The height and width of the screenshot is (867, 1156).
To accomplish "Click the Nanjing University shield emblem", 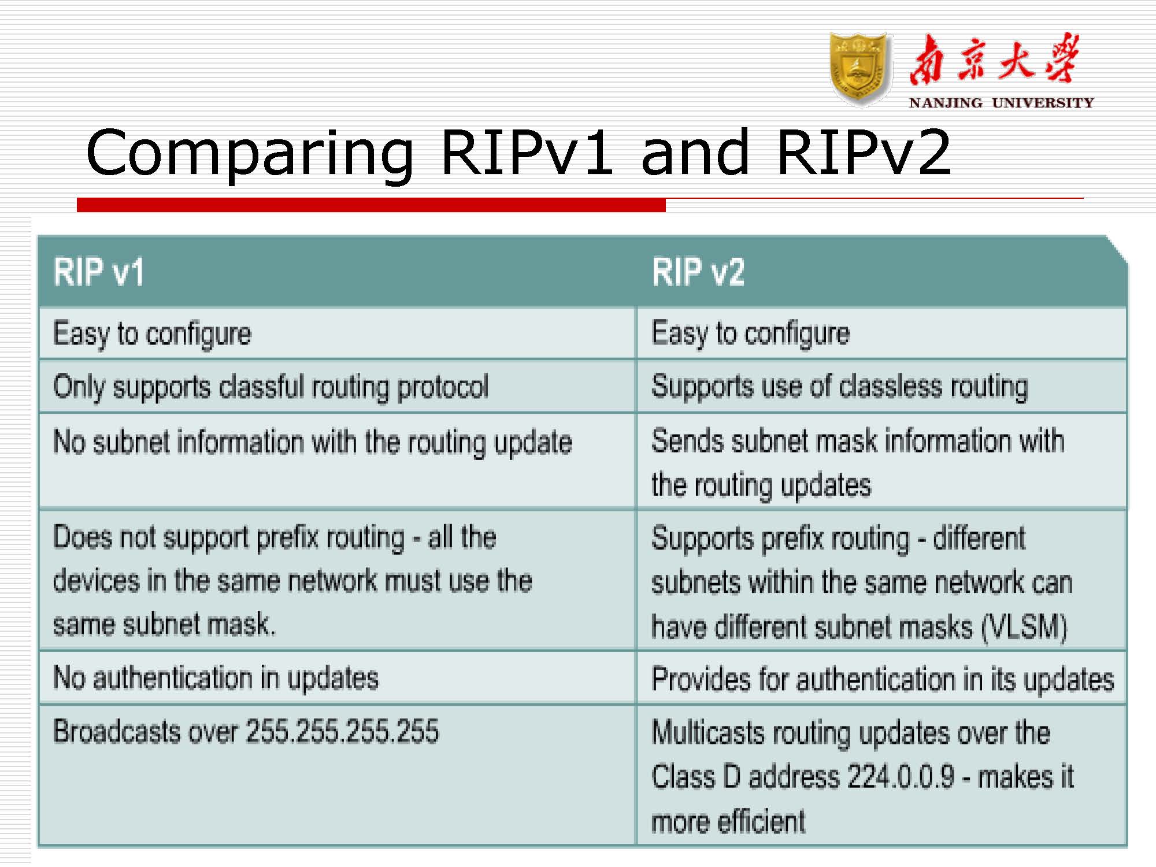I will click(x=859, y=69).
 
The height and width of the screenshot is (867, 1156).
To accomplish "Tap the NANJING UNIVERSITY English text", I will click(x=1001, y=103).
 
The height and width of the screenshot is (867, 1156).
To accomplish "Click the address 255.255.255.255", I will click(x=342, y=731).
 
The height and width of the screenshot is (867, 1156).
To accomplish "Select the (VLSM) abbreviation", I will click(x=1024, y=627).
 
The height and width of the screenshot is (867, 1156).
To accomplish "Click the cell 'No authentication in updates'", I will click(x=216, y=678).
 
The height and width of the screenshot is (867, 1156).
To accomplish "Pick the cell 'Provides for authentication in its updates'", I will click(x=883, y=679).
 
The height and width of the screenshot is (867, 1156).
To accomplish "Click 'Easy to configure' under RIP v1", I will click(x=152, y=334).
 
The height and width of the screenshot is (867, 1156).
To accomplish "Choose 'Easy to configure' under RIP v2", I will click(x=750, y=334).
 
